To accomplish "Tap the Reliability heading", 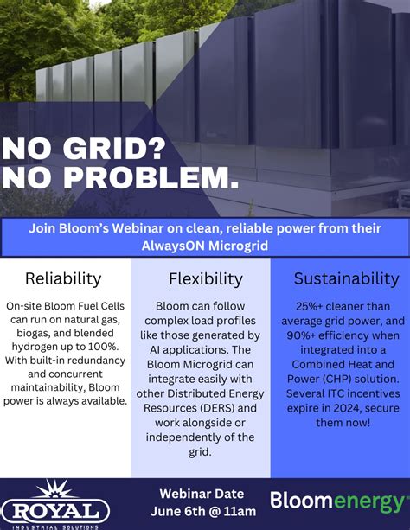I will (x=63, y=279).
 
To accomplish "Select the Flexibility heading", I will (x=205, y=279).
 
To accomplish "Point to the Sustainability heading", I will (x=346, y=279).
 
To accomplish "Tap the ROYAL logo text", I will (x=56, y=508).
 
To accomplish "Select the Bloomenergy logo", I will (x=337, y=501).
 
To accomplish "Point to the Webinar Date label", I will (x=204, y=494).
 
